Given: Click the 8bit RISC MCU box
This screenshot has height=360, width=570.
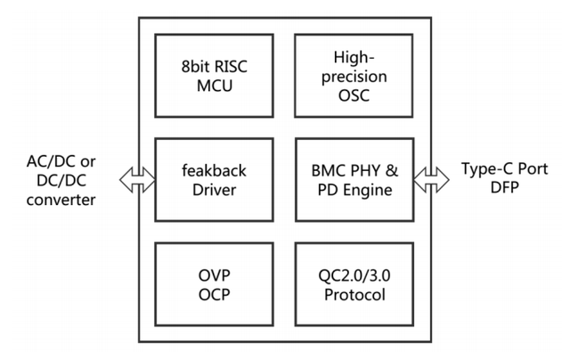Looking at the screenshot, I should [x=215, y=76].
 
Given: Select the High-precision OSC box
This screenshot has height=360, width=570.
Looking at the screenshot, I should [x=354, y=76].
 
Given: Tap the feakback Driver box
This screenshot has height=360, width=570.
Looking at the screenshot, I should [x=215, y=179].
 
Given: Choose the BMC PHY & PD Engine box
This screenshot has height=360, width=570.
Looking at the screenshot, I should [x=354, y=179].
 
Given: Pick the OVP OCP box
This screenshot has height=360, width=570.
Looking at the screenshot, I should [x=215, y=283].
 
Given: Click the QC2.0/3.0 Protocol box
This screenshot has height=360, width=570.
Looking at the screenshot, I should [x=354, y=283].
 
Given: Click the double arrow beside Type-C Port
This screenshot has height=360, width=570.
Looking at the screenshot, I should [x=432, y=180].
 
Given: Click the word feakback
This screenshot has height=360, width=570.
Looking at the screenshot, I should [x=215, y=169].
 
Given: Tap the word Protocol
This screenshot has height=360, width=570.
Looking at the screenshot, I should [x=354, y=293].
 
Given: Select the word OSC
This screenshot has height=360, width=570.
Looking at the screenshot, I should [x=354, y=95].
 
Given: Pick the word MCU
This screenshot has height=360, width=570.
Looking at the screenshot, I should [x=215, y=86].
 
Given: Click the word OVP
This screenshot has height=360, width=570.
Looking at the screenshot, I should [x=215, y=274].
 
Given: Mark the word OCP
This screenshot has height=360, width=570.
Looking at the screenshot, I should [x=215, y=293].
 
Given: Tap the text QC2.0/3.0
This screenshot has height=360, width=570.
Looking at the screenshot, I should [x=354, y=274].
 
